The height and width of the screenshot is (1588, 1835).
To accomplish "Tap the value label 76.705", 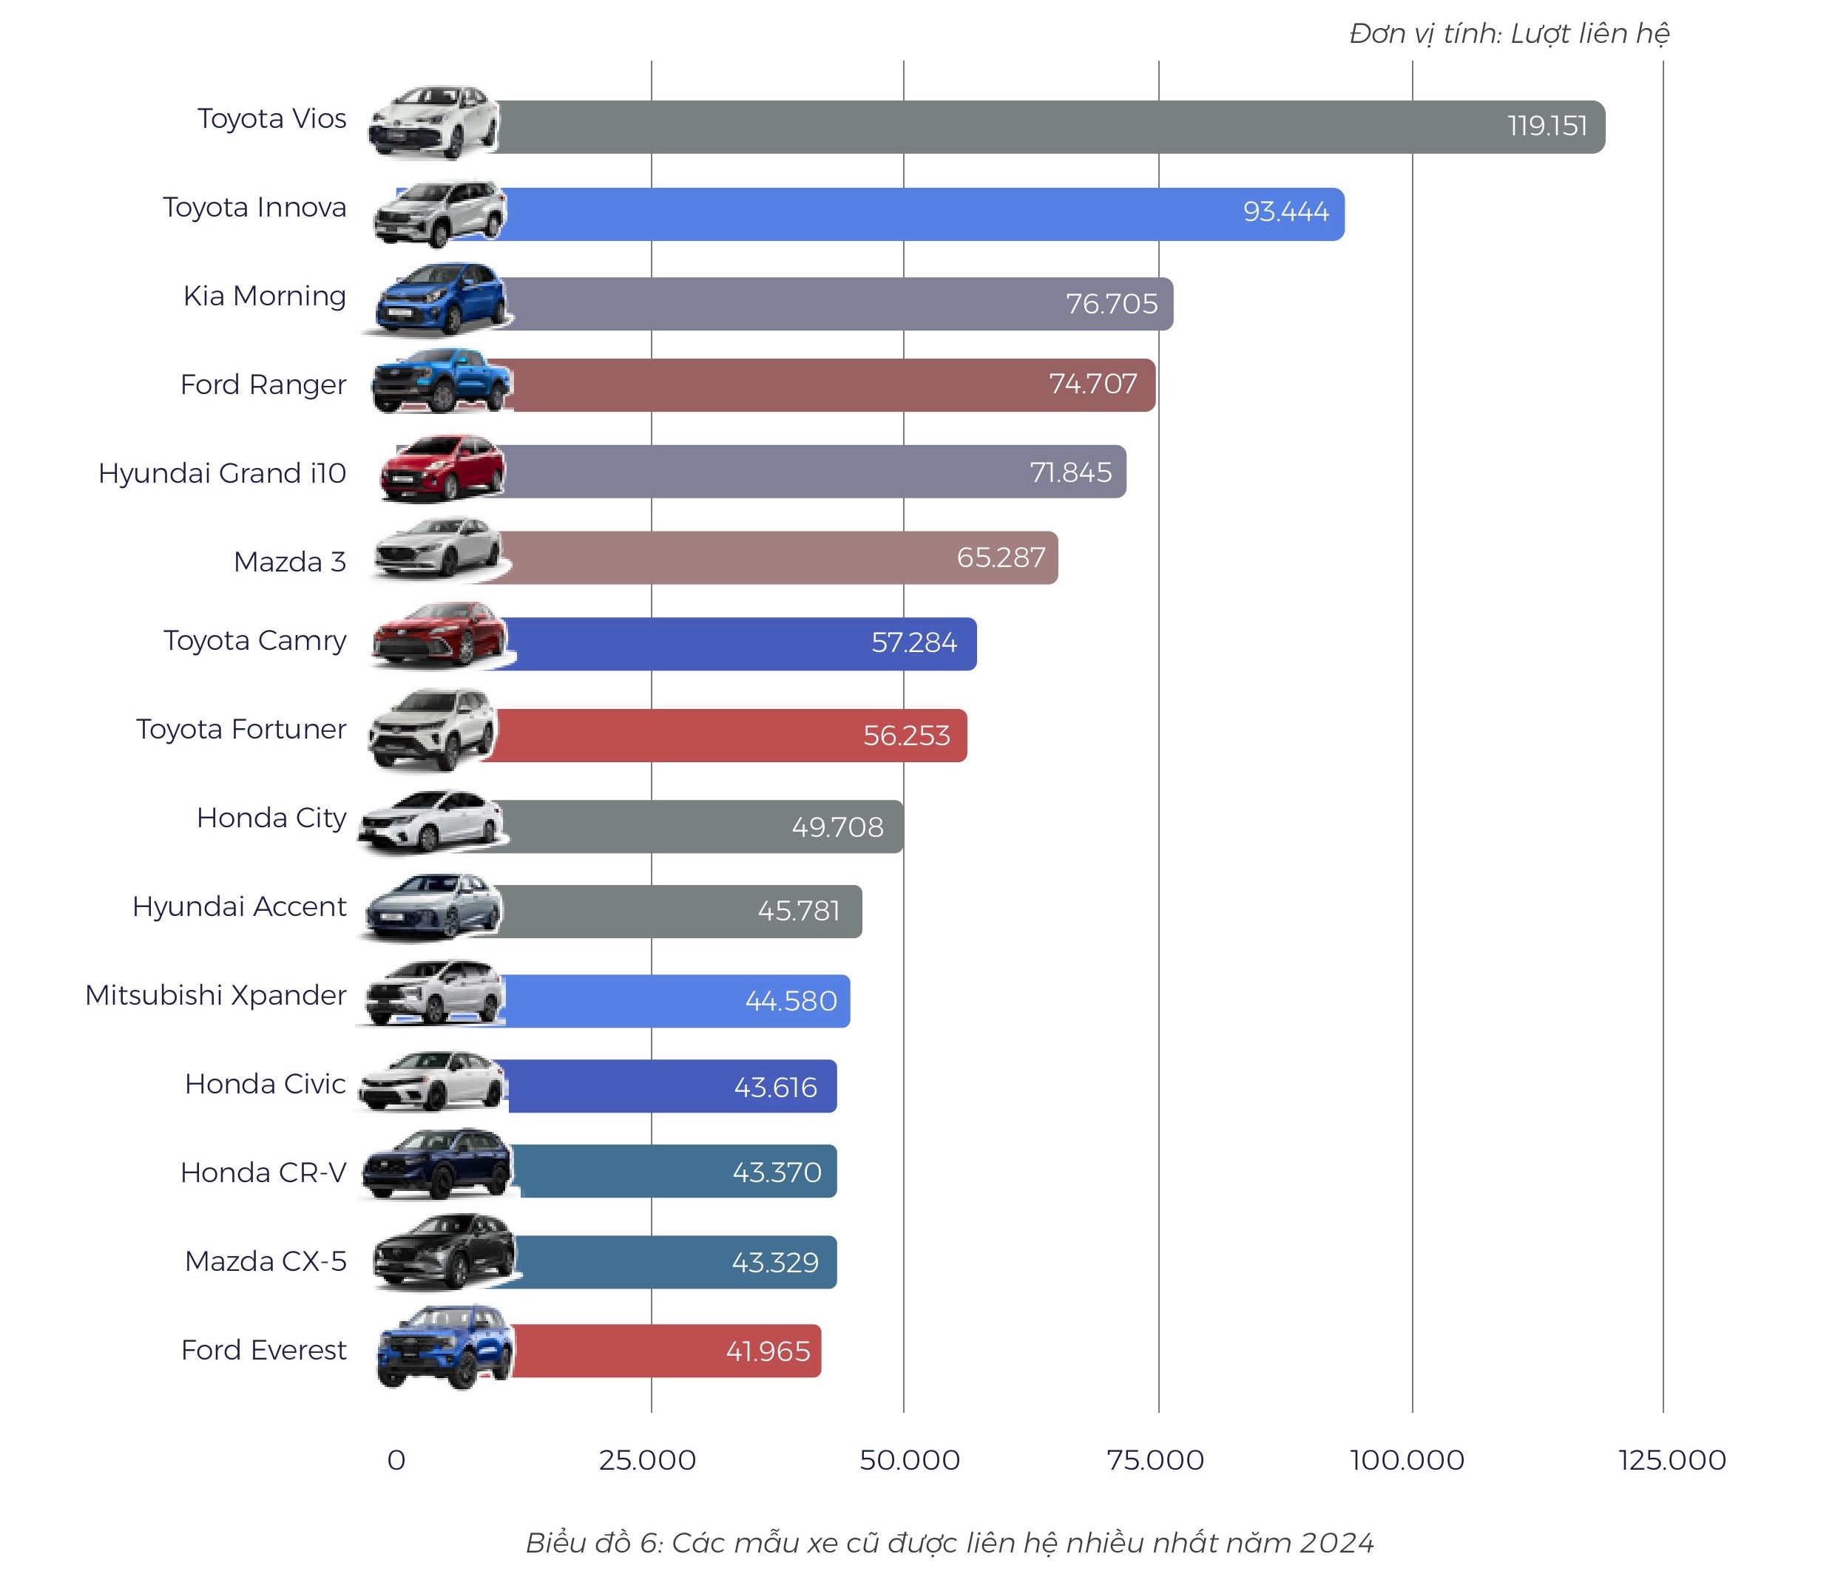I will click(x=1111, y=304).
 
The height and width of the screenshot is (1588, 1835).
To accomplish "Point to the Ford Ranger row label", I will click(x=263, y=384).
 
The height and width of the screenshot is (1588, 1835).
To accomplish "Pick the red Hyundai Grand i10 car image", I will click(x=442, y=469).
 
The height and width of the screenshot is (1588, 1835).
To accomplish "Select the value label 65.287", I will click(x=1001, y=557).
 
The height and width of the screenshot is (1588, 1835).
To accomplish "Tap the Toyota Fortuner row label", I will click(x=240, y=729).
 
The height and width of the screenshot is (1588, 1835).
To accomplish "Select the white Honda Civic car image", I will click(x=432, y=1082).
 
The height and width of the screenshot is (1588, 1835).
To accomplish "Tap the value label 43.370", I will click(x=777, y=1173).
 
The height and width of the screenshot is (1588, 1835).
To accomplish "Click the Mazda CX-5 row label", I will click(x=265, y=1261).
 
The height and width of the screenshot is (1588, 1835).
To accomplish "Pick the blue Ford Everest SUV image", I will click(x=444, y=1347).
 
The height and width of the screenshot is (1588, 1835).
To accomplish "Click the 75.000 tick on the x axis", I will click(x=1155, y=1460).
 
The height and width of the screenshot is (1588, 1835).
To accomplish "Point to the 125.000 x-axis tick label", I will click(x=1671, y=1460).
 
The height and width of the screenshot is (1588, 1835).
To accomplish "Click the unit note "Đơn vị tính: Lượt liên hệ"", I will click(x=1508, y=34).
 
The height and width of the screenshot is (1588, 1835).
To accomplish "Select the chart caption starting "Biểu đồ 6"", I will click(x=950, y=1543).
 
